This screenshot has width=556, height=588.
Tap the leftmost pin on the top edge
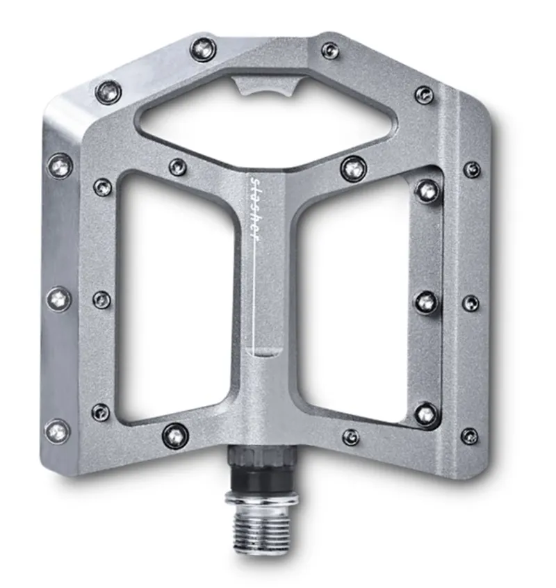(x=202, y=48)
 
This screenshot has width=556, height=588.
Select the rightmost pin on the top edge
(x=330, y=50)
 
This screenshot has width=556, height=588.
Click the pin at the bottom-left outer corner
(x=58, y=431)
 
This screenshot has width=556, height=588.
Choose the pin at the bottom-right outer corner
(x=470, y=436)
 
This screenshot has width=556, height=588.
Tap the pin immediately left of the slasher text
(x=178, y=167)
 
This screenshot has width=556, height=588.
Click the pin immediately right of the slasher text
(x=354, y=168)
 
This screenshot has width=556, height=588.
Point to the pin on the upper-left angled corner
(x=108, y=91)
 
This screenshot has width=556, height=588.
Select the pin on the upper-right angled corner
(x=424, y=95)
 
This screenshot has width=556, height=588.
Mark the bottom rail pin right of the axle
(x=351, y=436)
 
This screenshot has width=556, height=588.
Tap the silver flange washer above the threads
(x=262, y=499)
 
